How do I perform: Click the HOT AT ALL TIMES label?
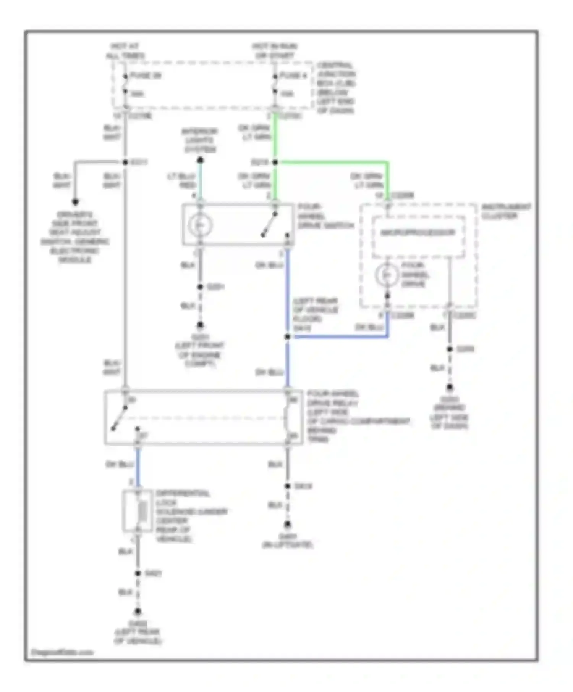click(125, 51)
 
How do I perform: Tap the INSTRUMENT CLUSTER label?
click(505, 211)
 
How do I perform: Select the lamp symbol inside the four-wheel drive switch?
click(200, 225)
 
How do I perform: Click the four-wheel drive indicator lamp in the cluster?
click(387, 275)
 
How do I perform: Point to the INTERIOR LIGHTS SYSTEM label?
click(200, 140)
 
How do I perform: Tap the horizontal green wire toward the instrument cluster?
click(332, 163)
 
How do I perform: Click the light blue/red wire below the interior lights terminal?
click(200, 181)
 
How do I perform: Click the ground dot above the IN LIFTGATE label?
click(287, 525)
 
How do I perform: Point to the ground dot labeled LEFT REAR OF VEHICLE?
click(138, 612)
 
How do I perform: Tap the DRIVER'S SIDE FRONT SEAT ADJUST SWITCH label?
click(75, 237)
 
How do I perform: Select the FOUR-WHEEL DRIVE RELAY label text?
click(332, 398)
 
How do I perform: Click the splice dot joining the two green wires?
click(275, 163)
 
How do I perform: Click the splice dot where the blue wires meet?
click(287, 337)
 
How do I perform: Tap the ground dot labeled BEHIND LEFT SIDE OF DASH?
click(450, 388)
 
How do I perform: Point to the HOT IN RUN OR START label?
click(274, 51)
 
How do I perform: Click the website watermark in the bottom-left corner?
click(62, 652)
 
